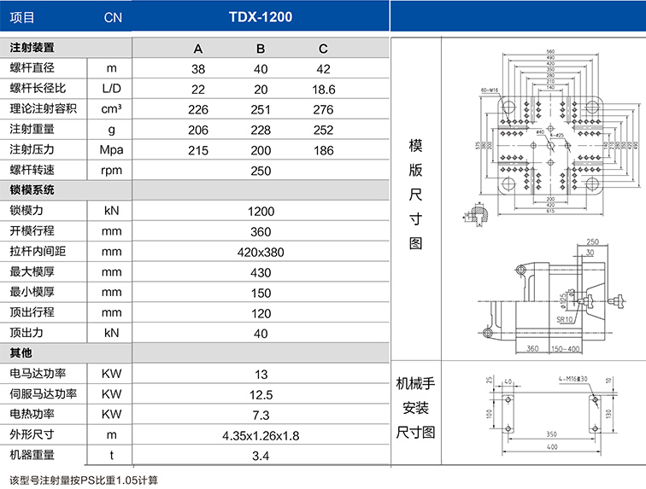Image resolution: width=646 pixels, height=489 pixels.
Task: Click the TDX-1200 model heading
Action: [x=261, y=16]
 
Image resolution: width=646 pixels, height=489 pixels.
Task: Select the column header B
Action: [x=261, y=48]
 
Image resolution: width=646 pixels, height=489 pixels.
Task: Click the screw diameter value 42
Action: [x=323, y=68]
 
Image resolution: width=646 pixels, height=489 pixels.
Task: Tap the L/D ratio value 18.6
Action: [x=323, y=89]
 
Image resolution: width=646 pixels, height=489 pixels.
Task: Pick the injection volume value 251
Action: [x=261, y=109]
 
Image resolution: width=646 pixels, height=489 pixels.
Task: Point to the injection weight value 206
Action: [x=198, y=130]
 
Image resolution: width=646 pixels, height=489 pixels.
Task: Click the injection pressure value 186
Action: [x=323, y=150]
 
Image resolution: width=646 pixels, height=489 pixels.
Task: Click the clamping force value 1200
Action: [x=261, y=211]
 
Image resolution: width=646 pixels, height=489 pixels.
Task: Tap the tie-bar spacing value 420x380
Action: [x=261, y=252]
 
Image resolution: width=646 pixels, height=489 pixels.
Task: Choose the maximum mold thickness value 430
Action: [x=261, y=272]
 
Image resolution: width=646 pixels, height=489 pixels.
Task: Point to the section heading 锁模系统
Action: [x=32, y=190]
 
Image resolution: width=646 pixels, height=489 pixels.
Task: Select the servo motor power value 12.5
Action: [x=261, y=394]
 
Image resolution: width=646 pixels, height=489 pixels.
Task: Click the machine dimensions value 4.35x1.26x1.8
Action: [x=261, y=435]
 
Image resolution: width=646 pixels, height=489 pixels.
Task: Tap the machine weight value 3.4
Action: [x=261, y=456]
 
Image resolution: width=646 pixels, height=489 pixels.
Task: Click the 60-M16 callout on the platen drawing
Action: [x=489, y=90]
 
